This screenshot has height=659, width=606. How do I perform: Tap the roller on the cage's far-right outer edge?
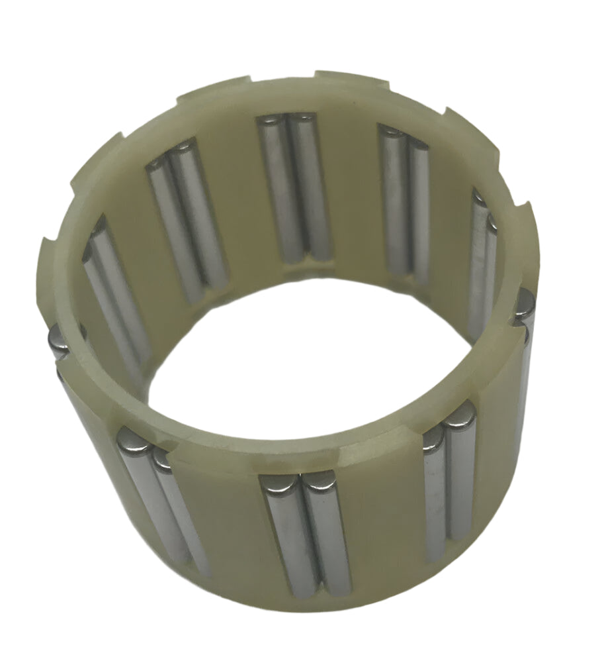pos(527,344)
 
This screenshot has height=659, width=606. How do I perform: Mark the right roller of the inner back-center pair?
pos(311,185)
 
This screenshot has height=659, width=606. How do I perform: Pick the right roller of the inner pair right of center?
pos(419,205)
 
